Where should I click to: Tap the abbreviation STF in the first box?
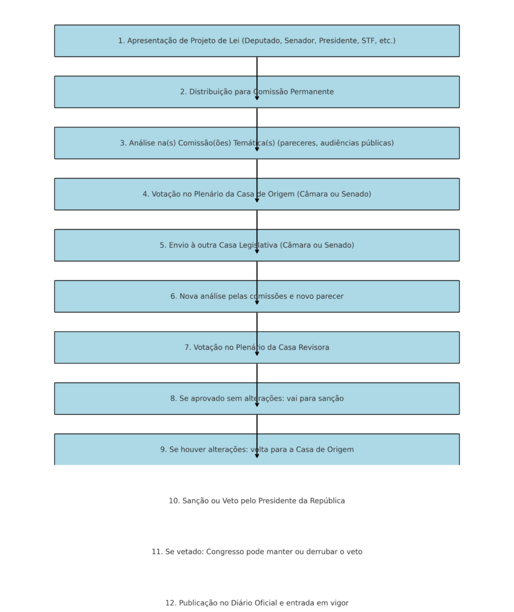click(x=368, y=41)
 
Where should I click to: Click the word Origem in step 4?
click(x=281, y=194)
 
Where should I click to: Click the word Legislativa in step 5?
click(x=258, y=246)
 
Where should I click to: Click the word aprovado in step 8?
click(x=207, y=399)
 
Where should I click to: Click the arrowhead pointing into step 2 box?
click(x=257, y=97)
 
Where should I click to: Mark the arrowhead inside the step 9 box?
click(x=257, y=455)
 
